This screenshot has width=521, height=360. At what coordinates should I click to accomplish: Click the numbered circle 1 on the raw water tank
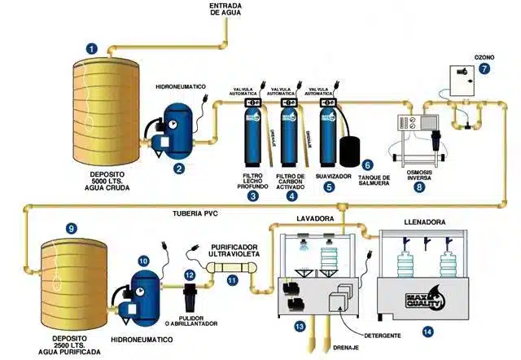(92, 49)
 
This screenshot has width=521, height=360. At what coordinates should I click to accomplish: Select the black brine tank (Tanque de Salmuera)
(349, 151)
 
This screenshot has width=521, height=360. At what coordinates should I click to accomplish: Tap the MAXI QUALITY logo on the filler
(427, 300)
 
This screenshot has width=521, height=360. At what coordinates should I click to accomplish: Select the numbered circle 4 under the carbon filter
(291, 195)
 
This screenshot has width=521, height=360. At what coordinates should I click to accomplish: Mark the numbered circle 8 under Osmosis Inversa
(420, 187)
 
